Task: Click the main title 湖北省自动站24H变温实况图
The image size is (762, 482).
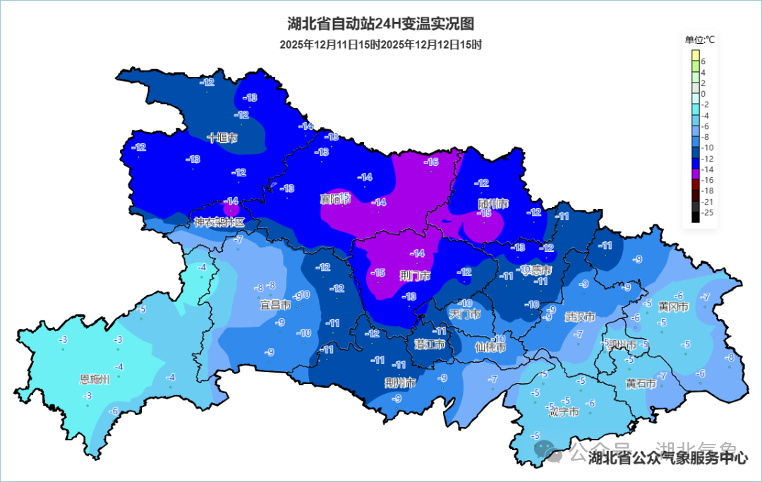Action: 381,23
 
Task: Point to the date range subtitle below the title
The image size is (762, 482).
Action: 380,44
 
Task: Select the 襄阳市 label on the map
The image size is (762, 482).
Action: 335,200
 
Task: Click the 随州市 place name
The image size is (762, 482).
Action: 492,204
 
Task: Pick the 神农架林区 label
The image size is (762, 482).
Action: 219,222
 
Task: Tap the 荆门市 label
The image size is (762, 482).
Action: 415,275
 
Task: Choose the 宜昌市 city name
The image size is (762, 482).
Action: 275,306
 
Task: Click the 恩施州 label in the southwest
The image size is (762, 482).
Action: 95,379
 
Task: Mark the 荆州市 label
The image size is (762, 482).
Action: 400,383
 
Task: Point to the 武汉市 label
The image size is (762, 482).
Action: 580,316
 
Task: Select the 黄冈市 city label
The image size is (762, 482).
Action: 673,306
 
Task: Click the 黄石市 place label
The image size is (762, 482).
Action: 641,384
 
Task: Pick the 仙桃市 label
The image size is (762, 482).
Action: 490,347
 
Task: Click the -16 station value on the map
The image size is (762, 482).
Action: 431,162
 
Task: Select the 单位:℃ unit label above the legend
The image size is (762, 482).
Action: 699,40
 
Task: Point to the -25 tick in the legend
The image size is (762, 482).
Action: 707,212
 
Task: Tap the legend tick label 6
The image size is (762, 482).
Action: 703,61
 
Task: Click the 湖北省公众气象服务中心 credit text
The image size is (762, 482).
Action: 667,458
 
